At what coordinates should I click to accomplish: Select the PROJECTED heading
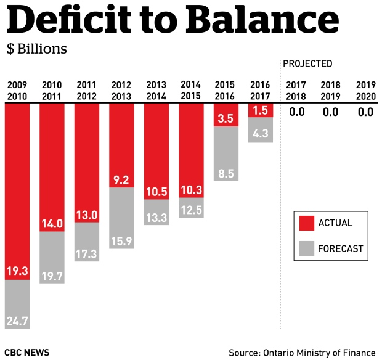click(x=307, y=63)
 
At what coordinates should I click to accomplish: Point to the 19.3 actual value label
click(x=17, y=271)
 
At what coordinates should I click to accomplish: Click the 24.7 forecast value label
click(x=17, y=321)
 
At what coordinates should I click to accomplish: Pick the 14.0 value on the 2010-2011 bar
click(x=52, y=223)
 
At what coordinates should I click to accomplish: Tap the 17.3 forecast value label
click(x=86, y=253)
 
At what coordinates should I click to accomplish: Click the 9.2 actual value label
click(x=121, y=180)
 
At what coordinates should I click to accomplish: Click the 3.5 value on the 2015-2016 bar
click(x=226, y=118)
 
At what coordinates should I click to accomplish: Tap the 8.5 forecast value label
click(x=226, y=173)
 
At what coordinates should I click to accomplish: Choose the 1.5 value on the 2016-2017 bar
click(x=261, y=110)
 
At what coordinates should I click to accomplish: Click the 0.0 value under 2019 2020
click(x=365, y=112)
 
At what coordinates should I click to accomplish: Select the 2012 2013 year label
click(x=121, y=90)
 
